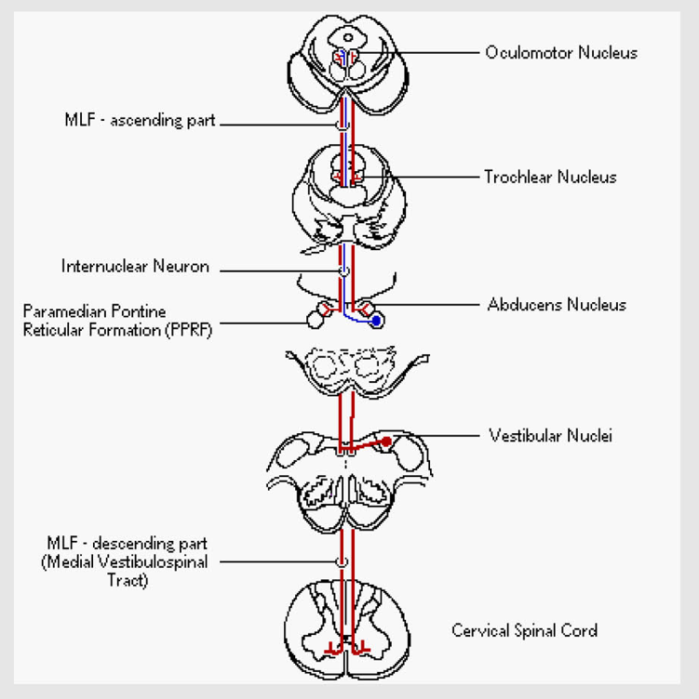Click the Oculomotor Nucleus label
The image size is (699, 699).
(560, 53)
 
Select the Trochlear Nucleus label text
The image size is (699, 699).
(549, 177)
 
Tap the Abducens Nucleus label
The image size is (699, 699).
(557, 304)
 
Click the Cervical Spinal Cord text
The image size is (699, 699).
(525, 630)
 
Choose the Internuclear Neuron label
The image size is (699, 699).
(135, 267)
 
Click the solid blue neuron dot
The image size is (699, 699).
(376, 322)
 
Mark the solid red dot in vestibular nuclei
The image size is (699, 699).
(385, 440)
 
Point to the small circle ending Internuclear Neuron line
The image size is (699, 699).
(343, 270)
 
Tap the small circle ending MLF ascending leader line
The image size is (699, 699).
(343, 122)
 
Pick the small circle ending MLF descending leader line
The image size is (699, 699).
(343, 562)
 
